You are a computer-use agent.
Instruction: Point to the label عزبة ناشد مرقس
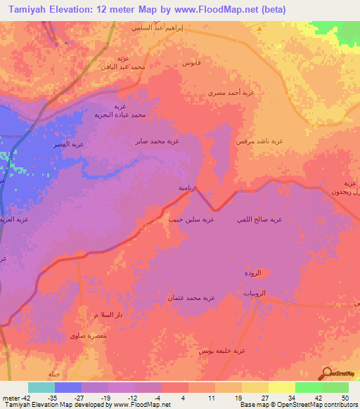[259, 141]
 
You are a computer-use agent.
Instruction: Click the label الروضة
[252, 273]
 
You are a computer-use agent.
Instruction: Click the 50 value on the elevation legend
[345, 398]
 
